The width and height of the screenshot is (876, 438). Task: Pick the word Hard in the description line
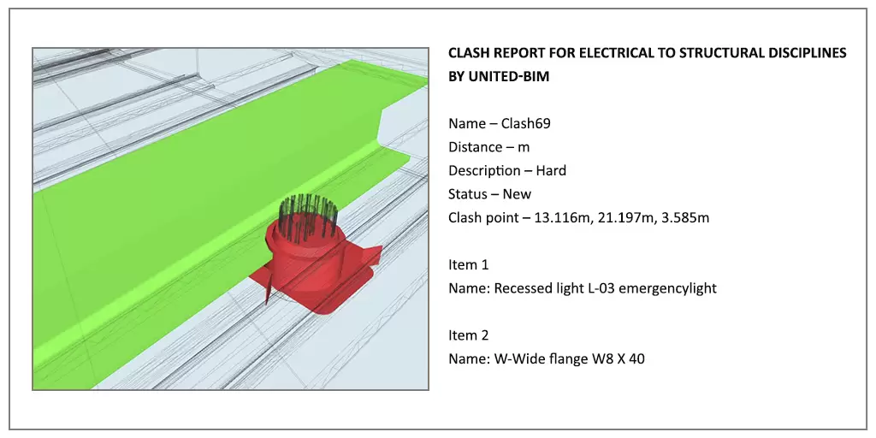551,170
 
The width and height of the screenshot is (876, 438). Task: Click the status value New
517,194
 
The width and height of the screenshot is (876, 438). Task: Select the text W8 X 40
619,359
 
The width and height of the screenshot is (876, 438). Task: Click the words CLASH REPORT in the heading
488,53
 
